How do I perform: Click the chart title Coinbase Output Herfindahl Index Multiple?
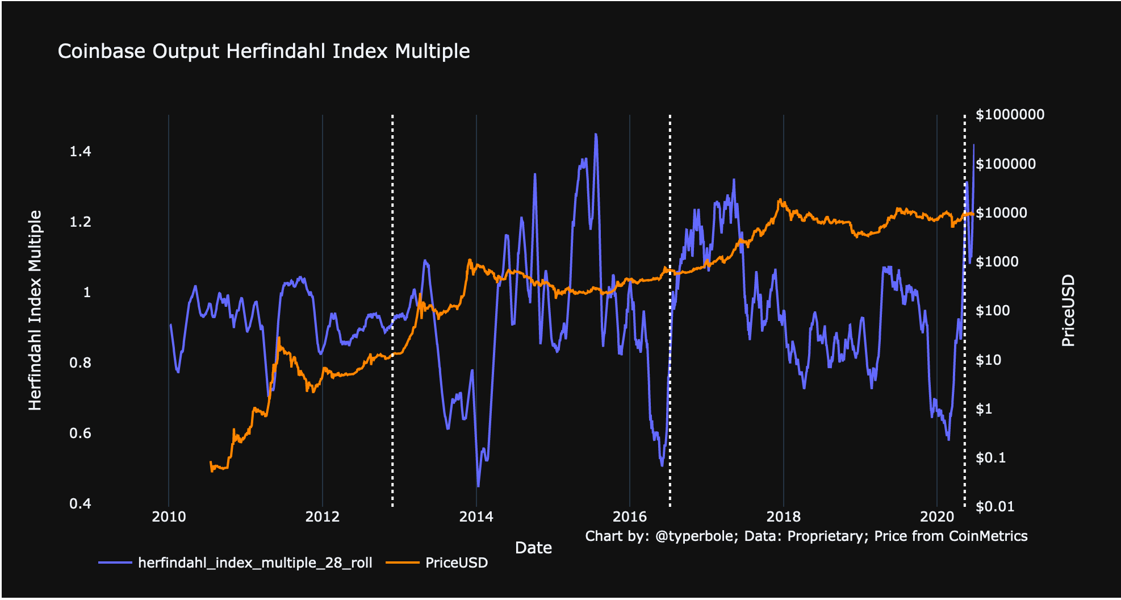pyautogui.click(x=263, y=51)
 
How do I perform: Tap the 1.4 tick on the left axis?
pyautogui.click(x=80, y=151)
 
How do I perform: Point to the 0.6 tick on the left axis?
pyautogui.click(x=80, y=434)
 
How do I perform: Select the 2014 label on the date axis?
pyautogui.click(x=476, y=516)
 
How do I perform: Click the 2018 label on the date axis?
pyautogui.click(x=783, y=516)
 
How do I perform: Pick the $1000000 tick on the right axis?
pyautogui.click(x=1010, y=115)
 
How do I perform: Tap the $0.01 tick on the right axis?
pyautogui.click(x=994, y=506)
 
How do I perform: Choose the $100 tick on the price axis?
pyautogui.click(x=992, y=311)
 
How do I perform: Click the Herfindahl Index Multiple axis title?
pyautogui.click(x=35, y=310)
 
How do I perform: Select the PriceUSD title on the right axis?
pyautogui.click(x=1068, y=310)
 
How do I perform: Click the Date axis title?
pyautogui.click(x=533, y=548)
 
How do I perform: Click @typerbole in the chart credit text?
pyautogui.click(x=693, y=536)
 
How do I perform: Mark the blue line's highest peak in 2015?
pyautogui.click(x=596, y=135)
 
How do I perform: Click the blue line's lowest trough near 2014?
pyautogui.click(x=478, y=486)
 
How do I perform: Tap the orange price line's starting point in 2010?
pyautogui.click(x=211, y=463)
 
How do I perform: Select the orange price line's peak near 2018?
pyautogui.click(x=780, y=200)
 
